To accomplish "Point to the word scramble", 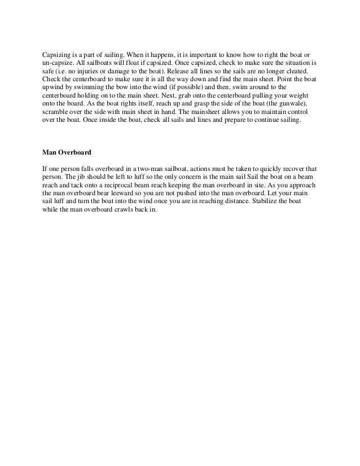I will (x=56, y=112).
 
